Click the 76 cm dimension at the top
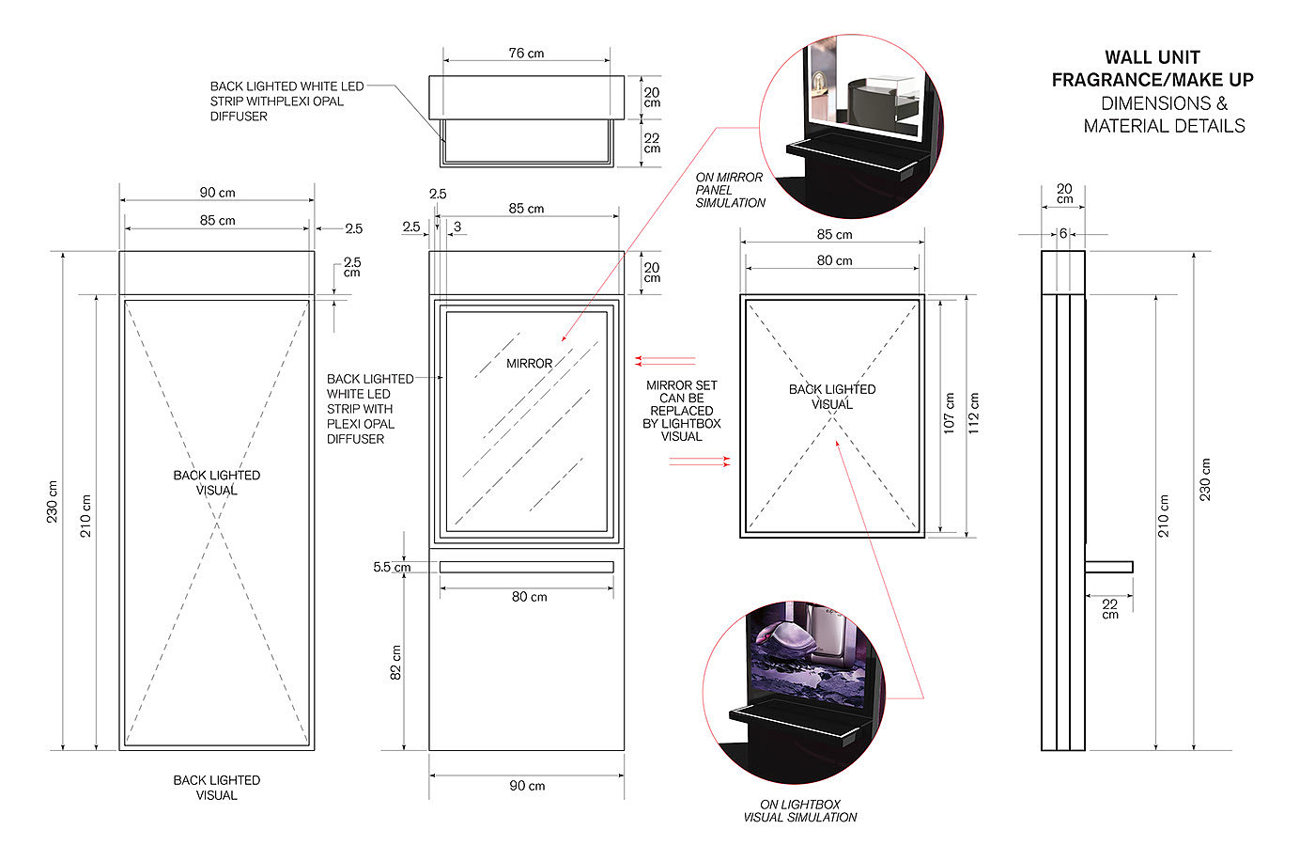point(526,54)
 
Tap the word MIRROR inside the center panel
point(529,364)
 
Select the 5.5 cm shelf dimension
point(392,568)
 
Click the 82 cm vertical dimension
point(396,663)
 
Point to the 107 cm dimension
point(949,413)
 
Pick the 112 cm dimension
point(973,413)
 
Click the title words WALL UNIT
point(1152,57)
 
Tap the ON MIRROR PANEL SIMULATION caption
point(731,190)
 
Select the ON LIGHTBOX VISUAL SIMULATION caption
point(799,810)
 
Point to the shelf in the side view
point(1108,567)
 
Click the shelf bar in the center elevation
point(527,567)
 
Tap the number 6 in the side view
point(1063,234)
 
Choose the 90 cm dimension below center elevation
point(527,786)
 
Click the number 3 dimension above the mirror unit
point(457,227)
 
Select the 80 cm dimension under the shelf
point(529,597)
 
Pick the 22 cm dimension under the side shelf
point(1109,608)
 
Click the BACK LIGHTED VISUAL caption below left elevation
point(217,788)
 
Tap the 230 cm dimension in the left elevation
point(53,502)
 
